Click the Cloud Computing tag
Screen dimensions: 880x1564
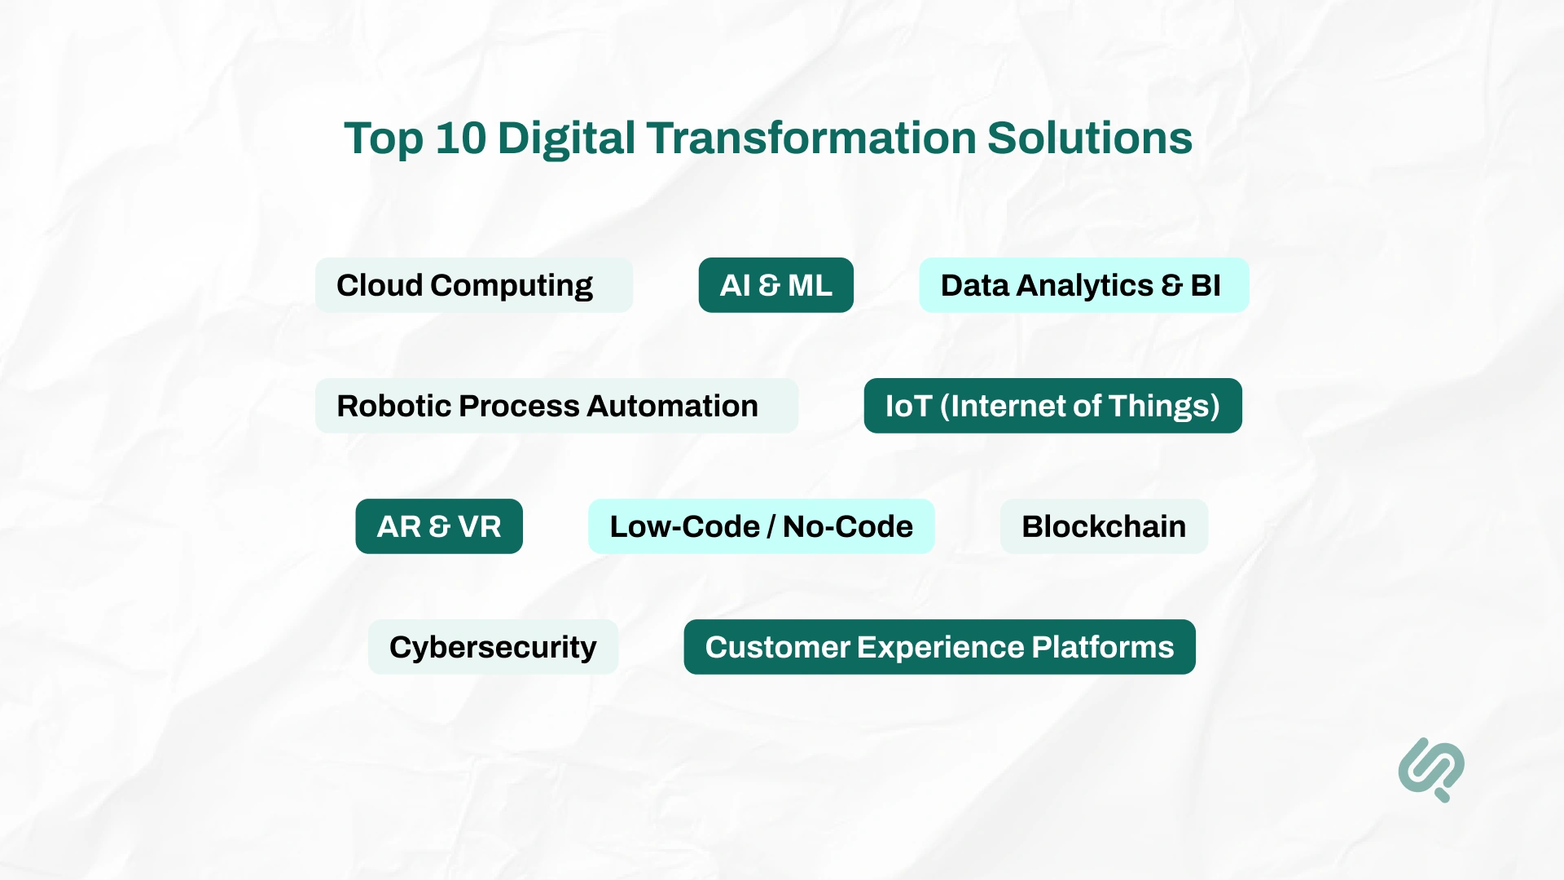click(473, 285)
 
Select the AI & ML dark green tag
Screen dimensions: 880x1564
click(775, 285)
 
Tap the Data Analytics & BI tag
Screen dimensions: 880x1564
click(1083, 285)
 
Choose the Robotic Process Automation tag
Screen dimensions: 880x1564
click(556, 406)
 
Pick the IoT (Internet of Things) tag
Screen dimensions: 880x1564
click(1052, 406)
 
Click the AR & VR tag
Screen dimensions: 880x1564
click(438, 526)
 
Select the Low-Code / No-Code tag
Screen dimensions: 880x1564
click(761, 526)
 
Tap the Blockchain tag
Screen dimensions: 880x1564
click(1104, 526)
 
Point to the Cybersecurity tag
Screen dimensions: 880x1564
click(493, 647)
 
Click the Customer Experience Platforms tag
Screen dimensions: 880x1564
click(939, 647)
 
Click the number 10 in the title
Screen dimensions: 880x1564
click(460, 139)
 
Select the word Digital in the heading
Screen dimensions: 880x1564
click(566, 139)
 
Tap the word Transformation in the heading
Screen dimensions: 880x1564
click(811, 139)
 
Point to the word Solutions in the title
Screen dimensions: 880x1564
click(1090, 139)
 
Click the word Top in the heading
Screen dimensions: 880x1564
click(383, 139)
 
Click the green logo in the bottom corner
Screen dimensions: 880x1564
click(1431, 769)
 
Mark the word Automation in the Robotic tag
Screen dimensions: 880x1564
click(672, 406)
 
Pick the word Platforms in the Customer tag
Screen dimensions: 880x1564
click(1102, 647)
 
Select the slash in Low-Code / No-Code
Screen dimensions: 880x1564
click(771, 527)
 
